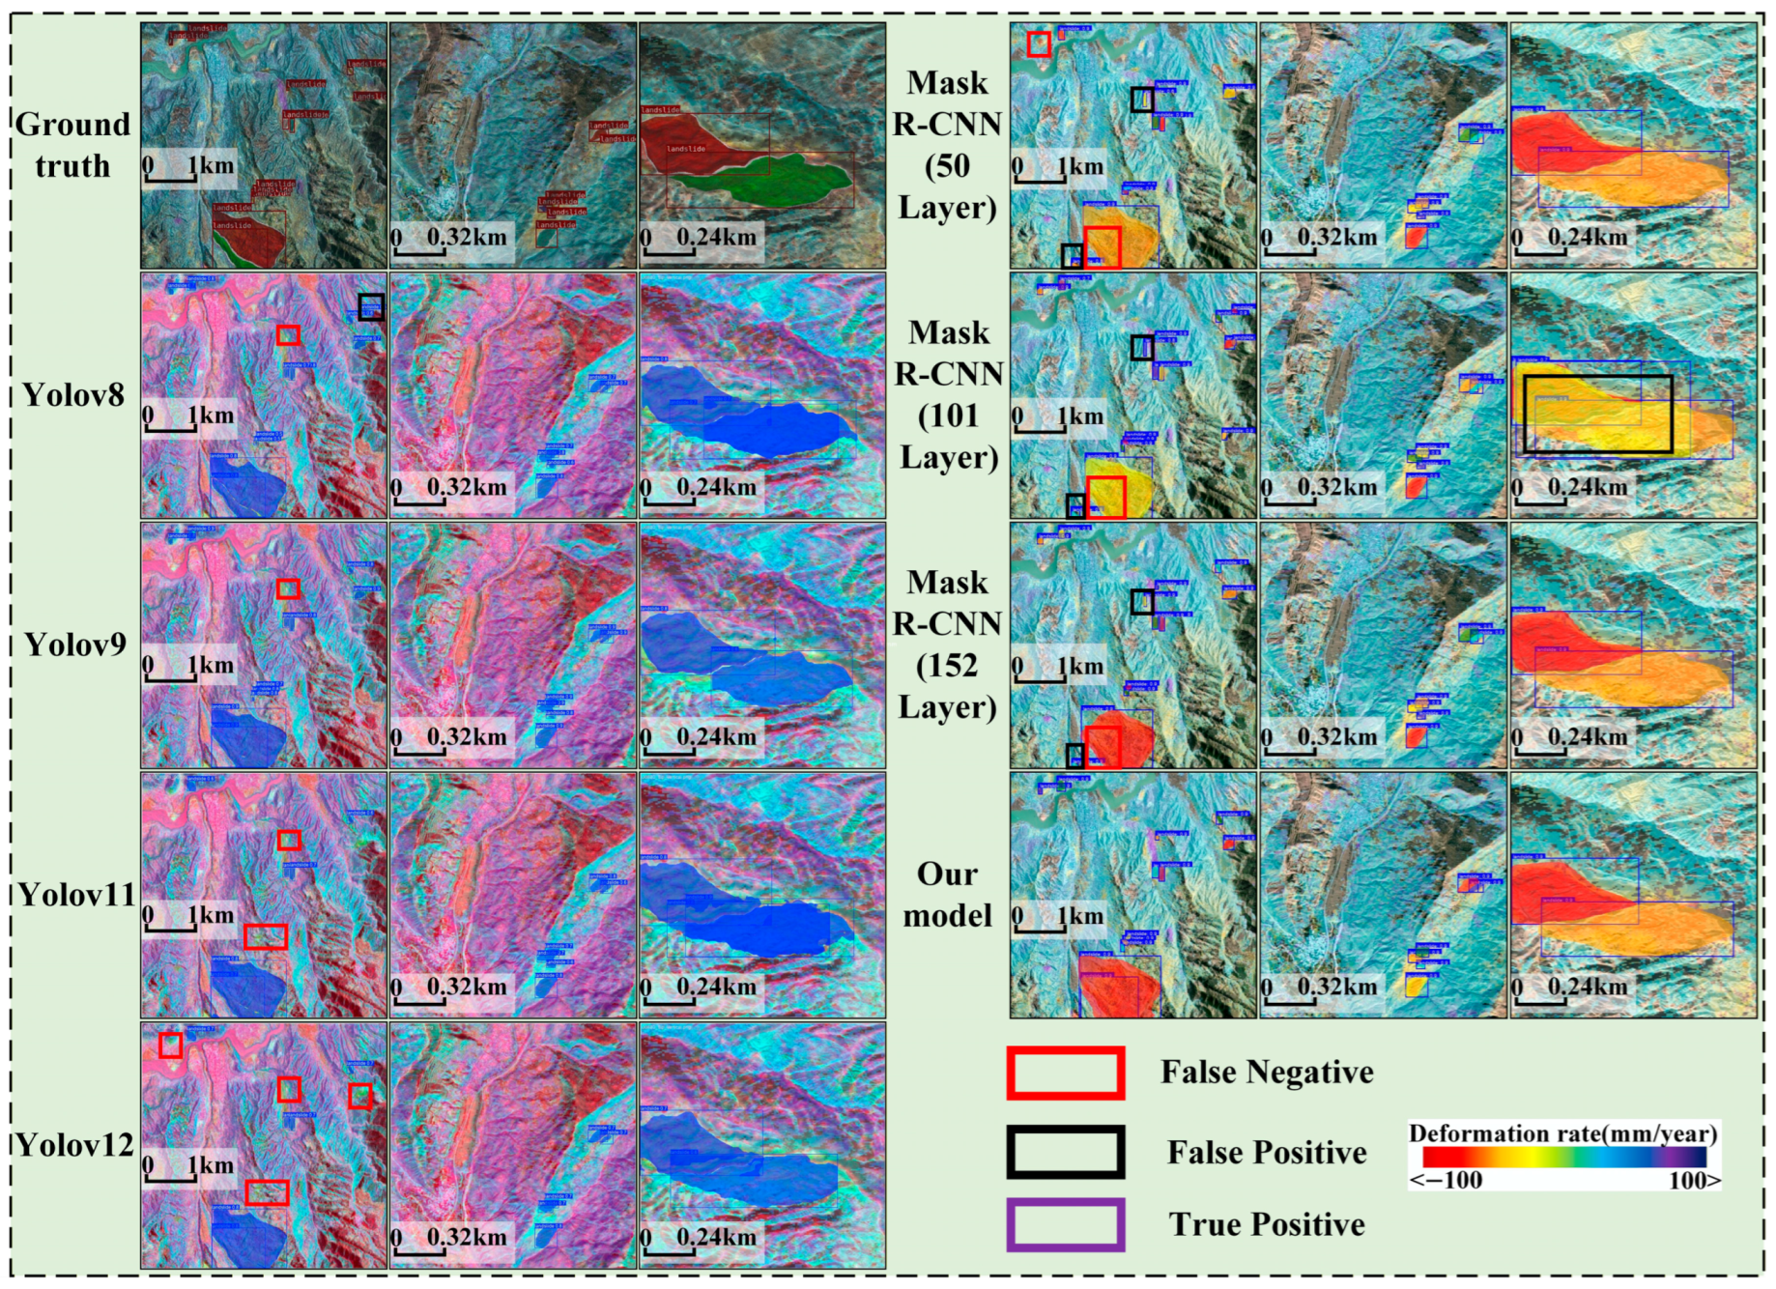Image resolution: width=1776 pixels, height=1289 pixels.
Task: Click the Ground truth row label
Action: (72, 145)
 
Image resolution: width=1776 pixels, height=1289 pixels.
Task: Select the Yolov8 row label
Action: (73, 395)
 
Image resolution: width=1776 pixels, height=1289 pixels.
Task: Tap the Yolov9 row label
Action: (74, 644)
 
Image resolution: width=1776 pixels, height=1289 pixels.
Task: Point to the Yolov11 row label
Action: (75, 895)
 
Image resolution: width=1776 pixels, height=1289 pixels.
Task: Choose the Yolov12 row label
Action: (74, 1145)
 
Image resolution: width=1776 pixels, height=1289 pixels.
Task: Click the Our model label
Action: (947, 895)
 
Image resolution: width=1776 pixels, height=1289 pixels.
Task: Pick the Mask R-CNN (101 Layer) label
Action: (949, 395)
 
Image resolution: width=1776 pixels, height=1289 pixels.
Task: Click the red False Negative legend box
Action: (1065, 1074)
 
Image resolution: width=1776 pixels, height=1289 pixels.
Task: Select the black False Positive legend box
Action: (1065, 1152)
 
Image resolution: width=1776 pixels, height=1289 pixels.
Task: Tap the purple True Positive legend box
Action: (1065, 1224)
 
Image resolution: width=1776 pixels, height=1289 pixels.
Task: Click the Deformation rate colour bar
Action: (1564, 1158)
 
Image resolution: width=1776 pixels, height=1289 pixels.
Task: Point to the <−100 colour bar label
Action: (1446, 1180)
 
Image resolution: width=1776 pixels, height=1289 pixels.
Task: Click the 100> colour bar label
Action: (1694, 1180)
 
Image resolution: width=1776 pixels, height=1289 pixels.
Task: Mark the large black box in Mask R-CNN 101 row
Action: (1598, 414)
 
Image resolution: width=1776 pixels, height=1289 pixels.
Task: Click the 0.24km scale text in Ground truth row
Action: (716, 238)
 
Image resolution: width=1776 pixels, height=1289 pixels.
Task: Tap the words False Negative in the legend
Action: (1267, 1073)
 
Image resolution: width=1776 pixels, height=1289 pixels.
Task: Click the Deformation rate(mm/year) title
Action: (1563, 1133)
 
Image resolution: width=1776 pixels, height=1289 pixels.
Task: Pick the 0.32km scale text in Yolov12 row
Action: (467, 1237)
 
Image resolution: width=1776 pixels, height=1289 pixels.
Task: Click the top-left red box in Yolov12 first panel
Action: (170, 1045)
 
